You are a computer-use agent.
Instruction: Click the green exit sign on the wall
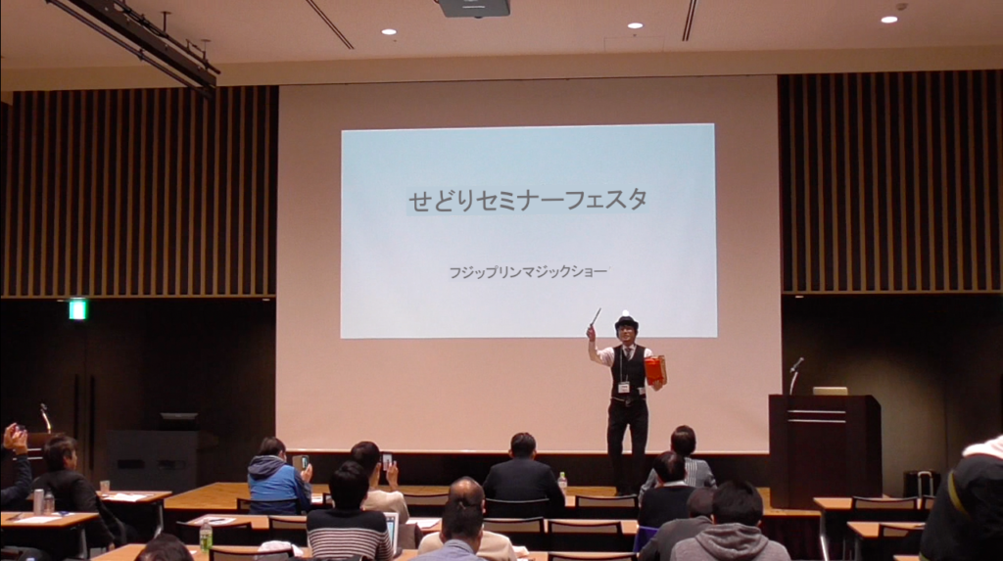coord(77,309)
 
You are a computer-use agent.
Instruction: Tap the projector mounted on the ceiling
coord(475,8)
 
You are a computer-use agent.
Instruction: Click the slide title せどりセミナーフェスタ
coord(528,201)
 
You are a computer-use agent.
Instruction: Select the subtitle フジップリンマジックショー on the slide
coord(528,272)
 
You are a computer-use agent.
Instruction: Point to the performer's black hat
coord(626,322)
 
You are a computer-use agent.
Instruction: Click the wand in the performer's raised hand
coord(595,317)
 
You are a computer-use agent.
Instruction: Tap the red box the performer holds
coord(655,370)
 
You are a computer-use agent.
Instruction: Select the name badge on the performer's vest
coord(623,387)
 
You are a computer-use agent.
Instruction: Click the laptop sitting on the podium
coord(830,391)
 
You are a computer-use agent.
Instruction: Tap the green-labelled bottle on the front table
coord(206,537)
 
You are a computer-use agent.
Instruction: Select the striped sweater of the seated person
coord(349,535)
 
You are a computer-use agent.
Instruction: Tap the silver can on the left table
coord(38,501)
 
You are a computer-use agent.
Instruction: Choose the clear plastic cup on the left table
coord(104,488)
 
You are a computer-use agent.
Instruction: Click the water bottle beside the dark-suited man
coord(562,484)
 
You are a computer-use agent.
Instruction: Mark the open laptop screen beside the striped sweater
coord(392,529)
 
